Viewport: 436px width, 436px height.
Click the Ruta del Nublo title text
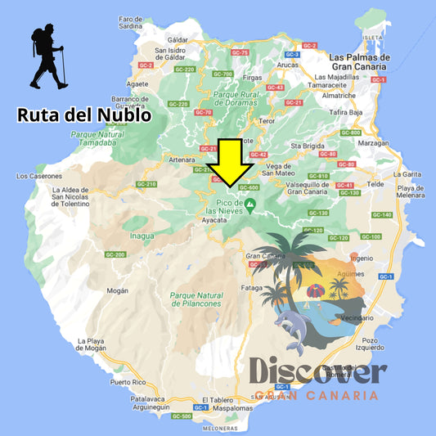[x=84, y=115]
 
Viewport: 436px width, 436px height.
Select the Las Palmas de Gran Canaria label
[x=359, y=62]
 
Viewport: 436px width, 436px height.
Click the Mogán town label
[x=119, y=290]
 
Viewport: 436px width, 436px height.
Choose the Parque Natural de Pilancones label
[x=196, y=299]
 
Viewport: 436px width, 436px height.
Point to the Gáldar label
[x=178, y=38]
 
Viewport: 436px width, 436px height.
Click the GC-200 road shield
[x=115, y=255]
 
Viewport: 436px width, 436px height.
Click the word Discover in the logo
[x=317, y=372]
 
